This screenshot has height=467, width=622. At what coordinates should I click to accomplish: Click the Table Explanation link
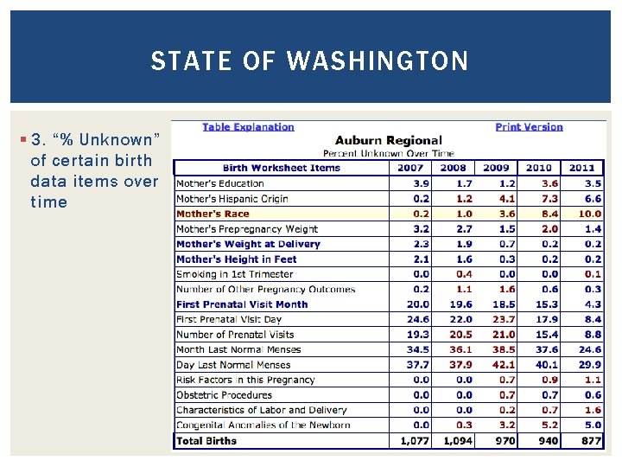tap(248, 127)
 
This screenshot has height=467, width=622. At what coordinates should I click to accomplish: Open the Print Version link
tap(529, 127)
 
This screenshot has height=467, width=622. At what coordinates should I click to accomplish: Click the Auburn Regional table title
tap(388, 140)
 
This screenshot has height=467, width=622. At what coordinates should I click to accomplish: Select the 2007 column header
tap(411, 168)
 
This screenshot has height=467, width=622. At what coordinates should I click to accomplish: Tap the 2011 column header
tap(581, 168)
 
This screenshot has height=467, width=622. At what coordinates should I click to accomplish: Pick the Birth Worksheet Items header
tap(282, 168)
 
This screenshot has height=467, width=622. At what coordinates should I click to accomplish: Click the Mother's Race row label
tap(213, 214)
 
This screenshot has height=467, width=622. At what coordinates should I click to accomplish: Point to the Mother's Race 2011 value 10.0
tap(590, 214)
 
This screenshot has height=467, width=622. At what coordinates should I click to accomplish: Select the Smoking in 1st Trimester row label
tap(234, 274)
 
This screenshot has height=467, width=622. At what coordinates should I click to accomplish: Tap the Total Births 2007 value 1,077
tap(414, 440)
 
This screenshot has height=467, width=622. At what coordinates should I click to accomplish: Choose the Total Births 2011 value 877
tap(591, 440)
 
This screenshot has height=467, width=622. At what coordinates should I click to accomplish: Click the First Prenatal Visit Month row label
tap(242, 304)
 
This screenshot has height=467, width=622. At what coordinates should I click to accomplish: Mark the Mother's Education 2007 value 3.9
tap(421, 183)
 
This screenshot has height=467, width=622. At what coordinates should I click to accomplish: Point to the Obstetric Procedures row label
tap(224, 395)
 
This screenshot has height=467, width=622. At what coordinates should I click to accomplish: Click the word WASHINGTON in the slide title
tap(378, 61)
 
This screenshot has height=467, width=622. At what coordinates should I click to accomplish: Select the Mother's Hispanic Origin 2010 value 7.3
tap(549, 199)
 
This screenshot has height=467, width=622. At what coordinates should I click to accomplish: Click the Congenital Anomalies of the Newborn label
tap(263, 425)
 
